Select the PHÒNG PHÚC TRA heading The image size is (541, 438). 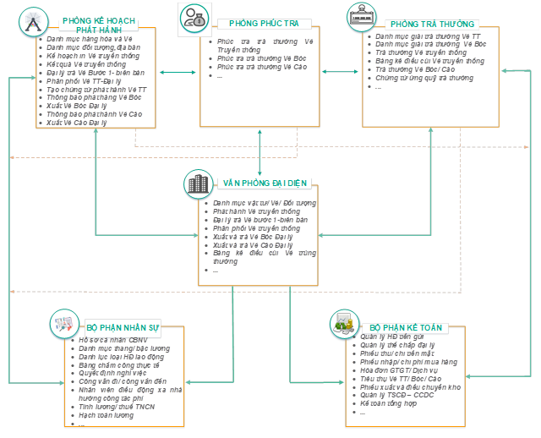pos(262,24)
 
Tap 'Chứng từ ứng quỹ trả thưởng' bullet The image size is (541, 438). pos(424,78)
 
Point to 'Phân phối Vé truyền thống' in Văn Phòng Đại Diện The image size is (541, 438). pos(256,228)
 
